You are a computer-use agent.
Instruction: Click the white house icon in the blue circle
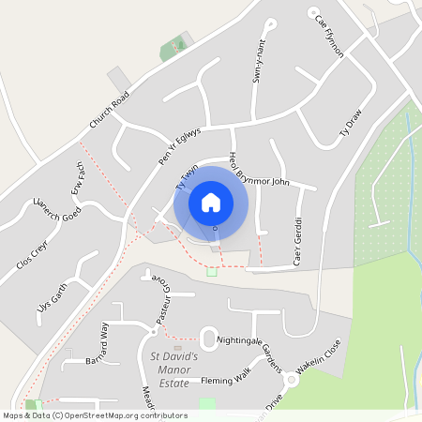click(x=211, y=202)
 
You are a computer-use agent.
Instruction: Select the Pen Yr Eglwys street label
click(x=180, y=149)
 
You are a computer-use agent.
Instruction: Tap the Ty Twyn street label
click(x=188, y=179)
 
